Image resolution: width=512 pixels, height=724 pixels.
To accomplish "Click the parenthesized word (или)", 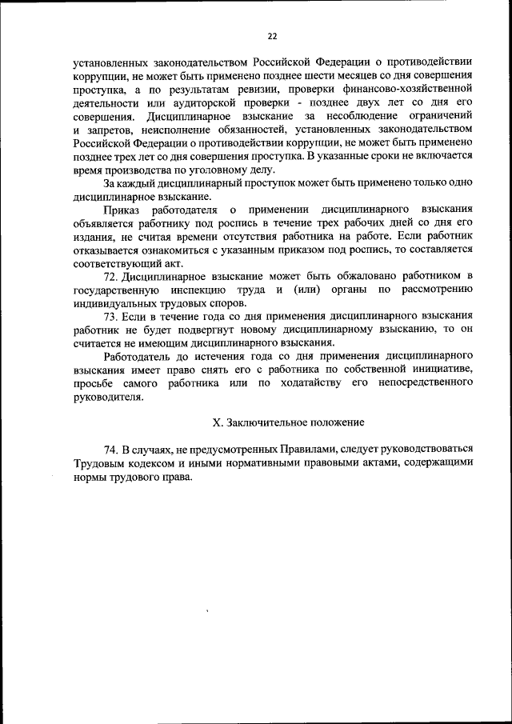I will pyautogui.click(x=310, y=290).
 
